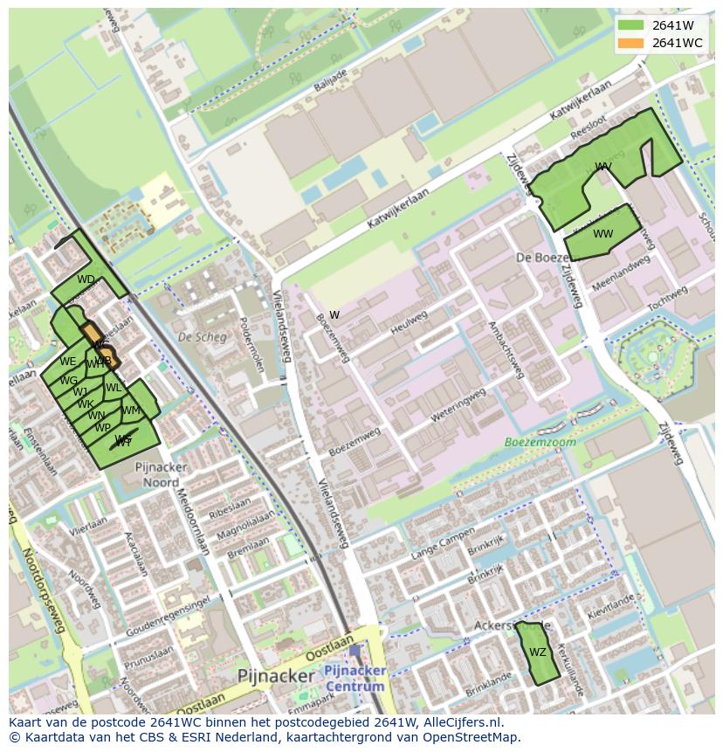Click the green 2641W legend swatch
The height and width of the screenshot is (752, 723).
pos(630,25)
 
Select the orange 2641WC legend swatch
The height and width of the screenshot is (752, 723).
pos(630,43)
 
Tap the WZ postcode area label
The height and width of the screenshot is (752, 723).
pos(538,652)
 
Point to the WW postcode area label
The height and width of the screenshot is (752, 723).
pos(603,233)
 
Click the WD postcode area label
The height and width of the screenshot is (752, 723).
pos(86,279)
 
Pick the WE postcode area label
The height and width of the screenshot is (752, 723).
pos(68,361)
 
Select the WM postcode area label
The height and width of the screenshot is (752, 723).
pos(131,410)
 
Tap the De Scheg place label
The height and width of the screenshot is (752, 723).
pos(196,336)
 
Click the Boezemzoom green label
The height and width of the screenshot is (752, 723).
pos(541,442)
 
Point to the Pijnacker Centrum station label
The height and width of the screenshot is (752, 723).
pos(354,678)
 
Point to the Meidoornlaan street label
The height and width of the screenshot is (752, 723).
pos(194,522)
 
